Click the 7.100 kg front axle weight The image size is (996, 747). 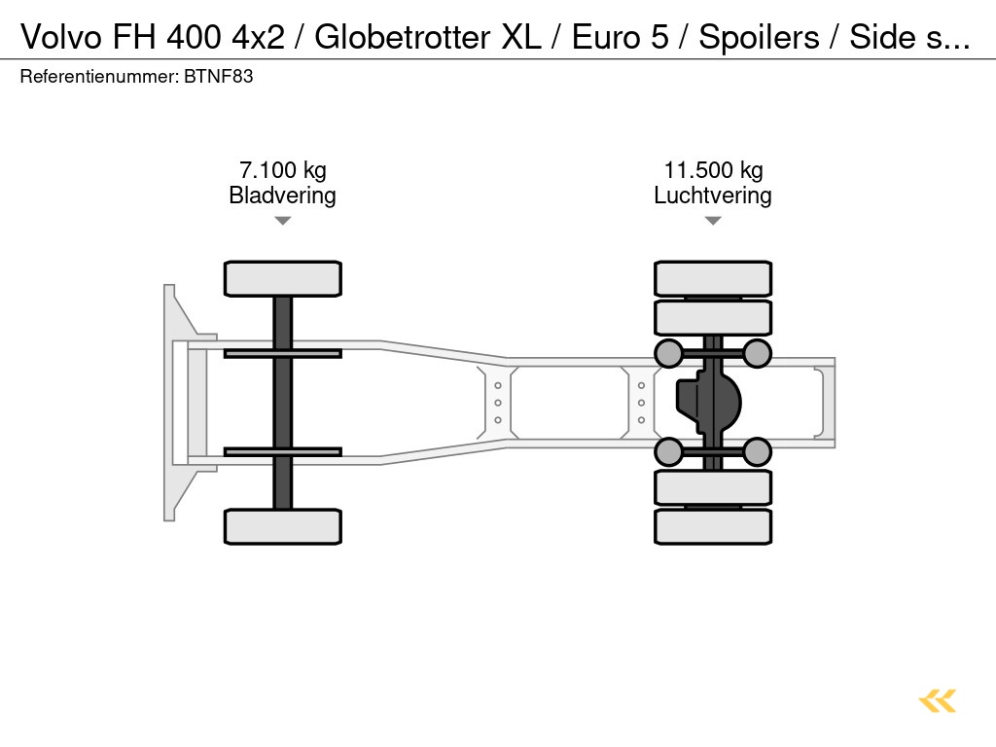point(282,170)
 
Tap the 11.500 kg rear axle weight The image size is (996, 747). point(712,170)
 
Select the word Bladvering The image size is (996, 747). point(282,196)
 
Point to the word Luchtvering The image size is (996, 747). point(712,196)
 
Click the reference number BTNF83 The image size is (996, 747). point(218,76)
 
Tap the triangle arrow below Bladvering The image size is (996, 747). point(282,221)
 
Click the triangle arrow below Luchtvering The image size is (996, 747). point(712,221)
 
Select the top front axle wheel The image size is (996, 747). point(282,278)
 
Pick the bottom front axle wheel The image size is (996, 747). point(282,526)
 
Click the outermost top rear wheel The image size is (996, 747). point(713,278)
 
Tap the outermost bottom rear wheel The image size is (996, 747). point(713,526)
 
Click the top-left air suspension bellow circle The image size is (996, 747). point(668,353)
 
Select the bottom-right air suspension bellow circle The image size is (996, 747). point(757,451)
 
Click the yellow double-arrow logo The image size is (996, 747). point(937,700)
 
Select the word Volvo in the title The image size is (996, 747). point(59,37)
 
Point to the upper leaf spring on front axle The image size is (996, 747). point(282,353)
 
